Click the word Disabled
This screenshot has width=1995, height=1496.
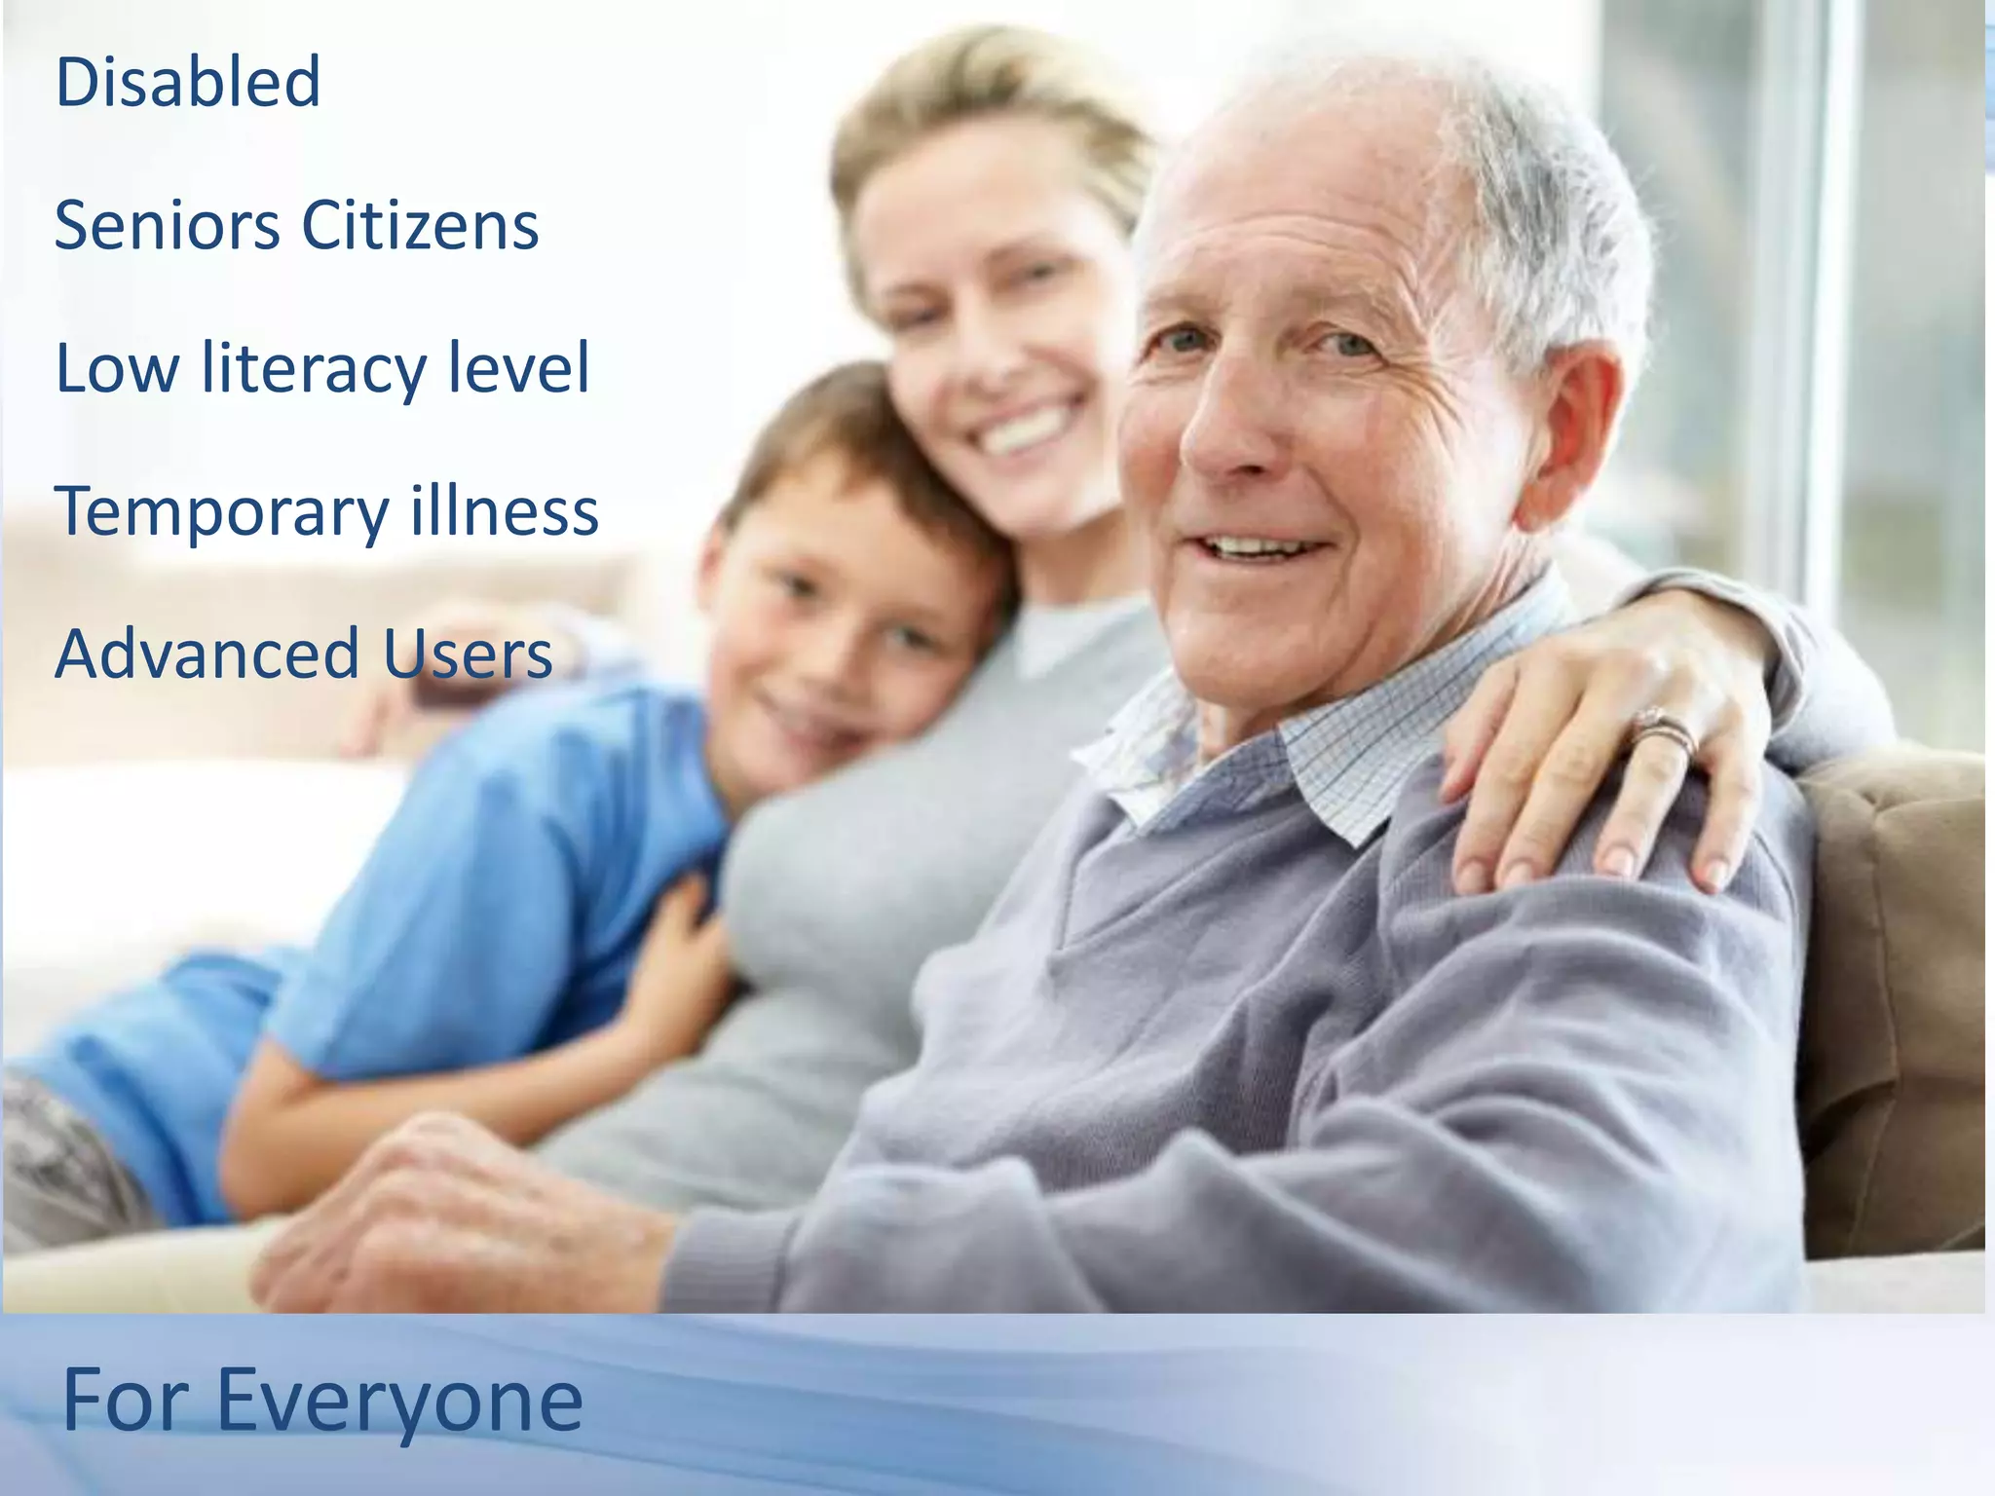188,82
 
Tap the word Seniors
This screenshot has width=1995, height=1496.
167,226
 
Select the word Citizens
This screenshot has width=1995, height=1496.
420,226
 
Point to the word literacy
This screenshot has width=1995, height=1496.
314,369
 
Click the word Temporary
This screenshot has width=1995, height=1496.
222,512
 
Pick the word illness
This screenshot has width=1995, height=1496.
504,510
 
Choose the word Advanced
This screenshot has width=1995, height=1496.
207,654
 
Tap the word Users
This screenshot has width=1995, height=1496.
468,654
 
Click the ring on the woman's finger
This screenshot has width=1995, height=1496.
1666,728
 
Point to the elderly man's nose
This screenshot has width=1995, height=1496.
1229,429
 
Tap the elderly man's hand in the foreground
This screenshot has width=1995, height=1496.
458,1217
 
